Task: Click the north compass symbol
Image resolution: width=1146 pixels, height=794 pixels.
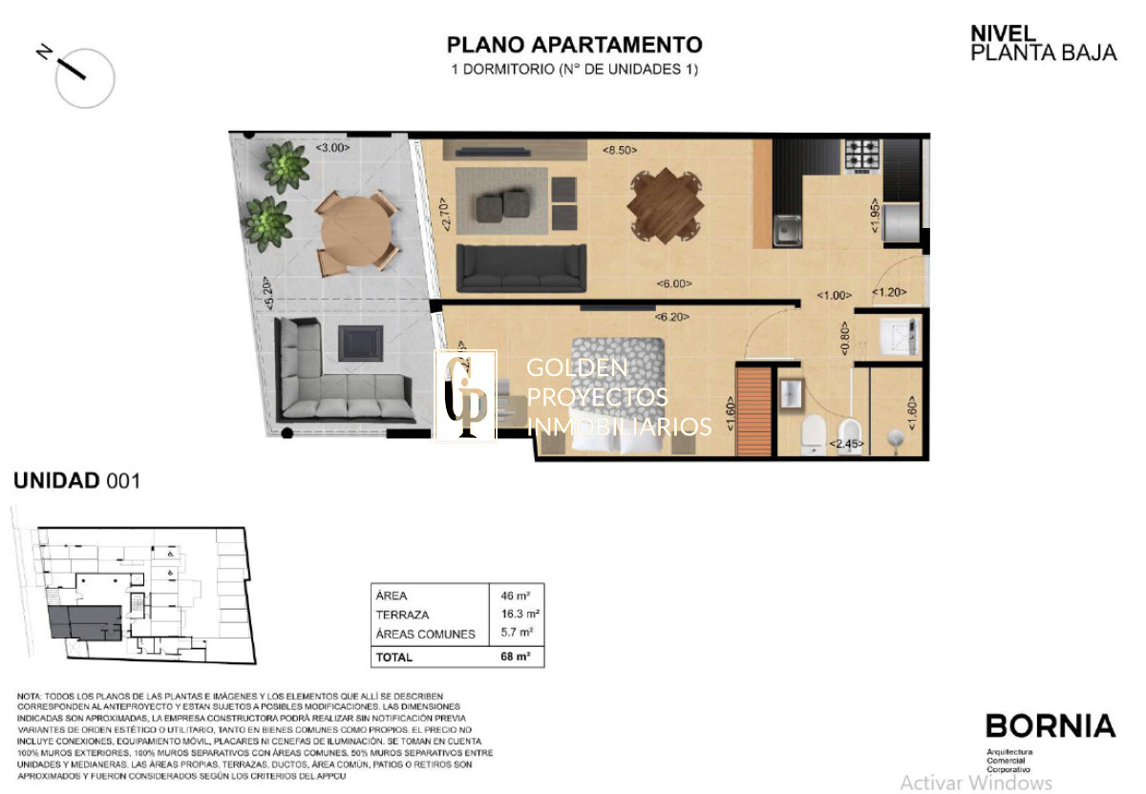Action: pyautogui.click(x=84, y=76)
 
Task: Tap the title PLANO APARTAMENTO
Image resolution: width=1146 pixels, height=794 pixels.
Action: pyautogui.click(x=574, y=45)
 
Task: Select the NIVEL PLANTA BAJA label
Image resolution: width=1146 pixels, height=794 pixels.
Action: pyautogui.click(x=1042, y=44)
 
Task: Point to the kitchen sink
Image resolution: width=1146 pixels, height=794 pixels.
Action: pyautogui.click(x=788, y=230)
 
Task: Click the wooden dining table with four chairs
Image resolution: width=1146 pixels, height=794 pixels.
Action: pyautogui.click(x=665, y=205)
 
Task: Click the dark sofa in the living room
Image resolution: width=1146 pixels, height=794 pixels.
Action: pyautogui.click(x=521, y=266)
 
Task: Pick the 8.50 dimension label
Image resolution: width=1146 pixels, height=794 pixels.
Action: pyautogui.click(x=620, y=150)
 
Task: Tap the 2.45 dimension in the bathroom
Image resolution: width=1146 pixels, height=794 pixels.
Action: pyautogui.click(x=848, y=444)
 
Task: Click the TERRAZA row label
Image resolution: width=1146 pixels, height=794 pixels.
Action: pyautogui.click(x=402, y=615)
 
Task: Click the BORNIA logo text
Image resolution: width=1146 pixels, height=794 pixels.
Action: pyautogui.click(x=1050, y=726)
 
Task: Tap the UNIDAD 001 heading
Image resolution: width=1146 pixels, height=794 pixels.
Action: pyautogui.click(x=76, y=481)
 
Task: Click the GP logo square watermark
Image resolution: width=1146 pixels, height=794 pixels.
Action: pyautogui.click(x=465, y=396)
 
